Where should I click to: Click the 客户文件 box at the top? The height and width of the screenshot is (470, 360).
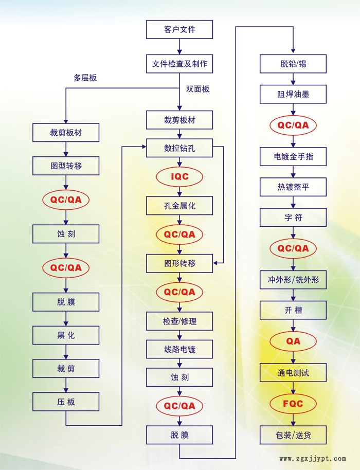pos(179,29)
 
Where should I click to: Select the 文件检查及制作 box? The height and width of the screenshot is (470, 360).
pos(179,64)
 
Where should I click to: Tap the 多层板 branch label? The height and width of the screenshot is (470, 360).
pos(85,78)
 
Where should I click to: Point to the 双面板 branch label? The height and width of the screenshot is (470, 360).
pos(197,89)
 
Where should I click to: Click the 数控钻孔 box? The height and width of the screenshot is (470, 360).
pos(179,149)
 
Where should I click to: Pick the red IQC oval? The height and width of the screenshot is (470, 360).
pos(179,177)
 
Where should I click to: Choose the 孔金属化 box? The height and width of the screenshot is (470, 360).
pos(179,206)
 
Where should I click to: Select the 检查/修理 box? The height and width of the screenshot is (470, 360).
pos(179,322)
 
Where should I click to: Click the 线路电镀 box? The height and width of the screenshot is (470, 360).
pos(179,350)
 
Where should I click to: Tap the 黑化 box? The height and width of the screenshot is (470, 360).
pos(66,335)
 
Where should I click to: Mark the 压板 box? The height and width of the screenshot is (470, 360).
pos(66,402)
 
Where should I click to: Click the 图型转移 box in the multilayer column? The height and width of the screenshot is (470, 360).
pos(66,167)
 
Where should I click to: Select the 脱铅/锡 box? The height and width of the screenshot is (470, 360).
pos(293,65)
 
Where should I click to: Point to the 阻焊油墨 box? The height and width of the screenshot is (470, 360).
pos(293,95)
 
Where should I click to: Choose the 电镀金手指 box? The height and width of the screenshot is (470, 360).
pos(293,156)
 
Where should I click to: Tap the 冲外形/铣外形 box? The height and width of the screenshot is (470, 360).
pos(293,280)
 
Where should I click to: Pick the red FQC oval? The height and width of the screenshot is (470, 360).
pos(293,404)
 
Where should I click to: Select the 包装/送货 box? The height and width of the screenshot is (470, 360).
pos(293,435)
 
